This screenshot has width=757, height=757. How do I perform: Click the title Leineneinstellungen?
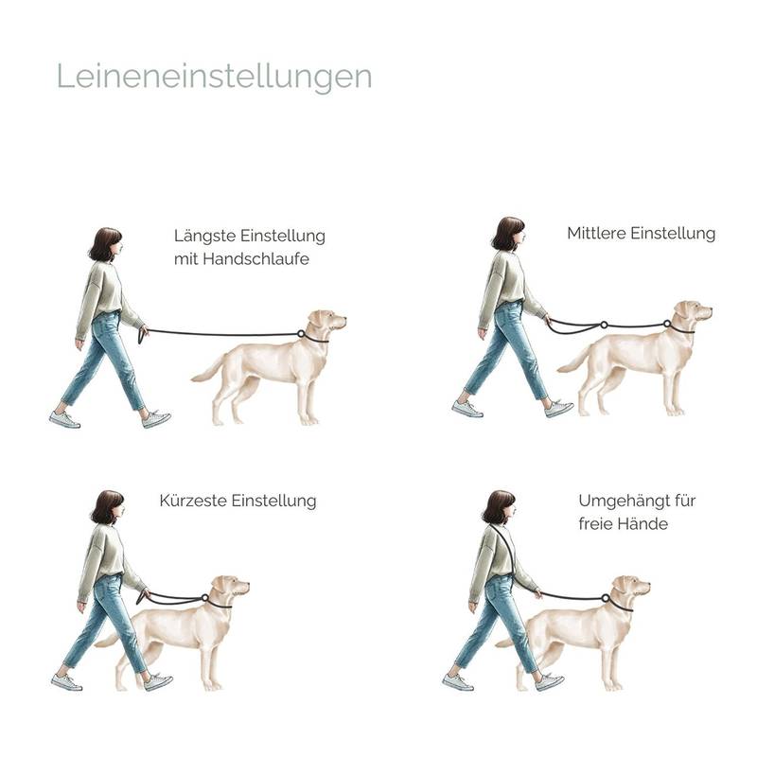215,77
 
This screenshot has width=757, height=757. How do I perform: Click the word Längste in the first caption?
205,236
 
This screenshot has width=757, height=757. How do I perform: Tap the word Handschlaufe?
255,258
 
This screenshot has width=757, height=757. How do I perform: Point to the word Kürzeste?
193,501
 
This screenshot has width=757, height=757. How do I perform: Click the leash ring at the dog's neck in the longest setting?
301,334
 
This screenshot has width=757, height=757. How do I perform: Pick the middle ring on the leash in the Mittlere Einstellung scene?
604,325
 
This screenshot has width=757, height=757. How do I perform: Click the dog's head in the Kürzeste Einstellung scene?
231,587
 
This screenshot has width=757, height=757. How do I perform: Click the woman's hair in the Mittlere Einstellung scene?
506,233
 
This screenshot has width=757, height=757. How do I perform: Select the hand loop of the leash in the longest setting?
141,335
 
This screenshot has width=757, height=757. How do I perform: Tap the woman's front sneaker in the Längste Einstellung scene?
156,418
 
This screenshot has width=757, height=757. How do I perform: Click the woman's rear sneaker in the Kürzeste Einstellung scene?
66,681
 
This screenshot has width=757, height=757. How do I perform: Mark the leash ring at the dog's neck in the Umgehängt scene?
606,598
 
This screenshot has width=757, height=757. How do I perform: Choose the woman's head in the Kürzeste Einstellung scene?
109,507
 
